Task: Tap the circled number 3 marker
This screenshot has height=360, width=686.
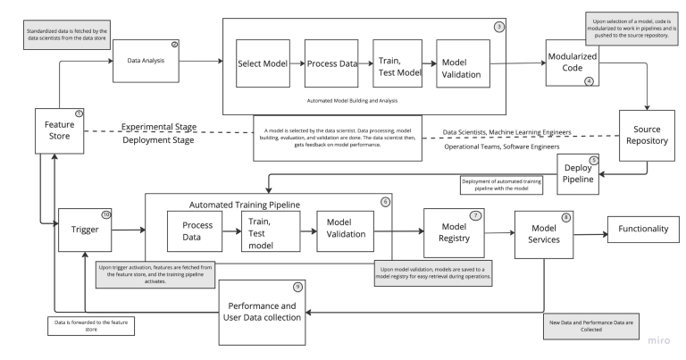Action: [x=498, y=27]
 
